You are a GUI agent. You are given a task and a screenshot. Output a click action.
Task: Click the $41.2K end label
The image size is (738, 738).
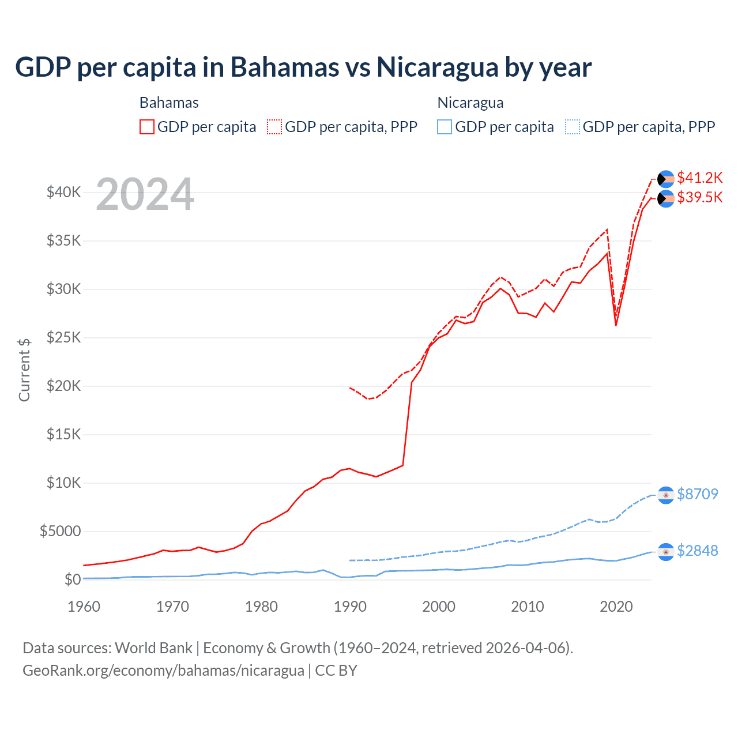[x=699, y=178]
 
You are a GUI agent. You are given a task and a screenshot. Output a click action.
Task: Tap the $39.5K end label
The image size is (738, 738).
[x=699, y=198]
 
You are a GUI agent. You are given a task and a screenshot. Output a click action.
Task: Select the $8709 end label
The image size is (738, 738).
[x=697, y=494]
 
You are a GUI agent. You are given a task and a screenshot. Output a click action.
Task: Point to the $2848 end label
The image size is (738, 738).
[x=697, y=551]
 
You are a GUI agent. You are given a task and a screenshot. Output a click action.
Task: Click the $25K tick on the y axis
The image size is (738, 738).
[x=63, y=337]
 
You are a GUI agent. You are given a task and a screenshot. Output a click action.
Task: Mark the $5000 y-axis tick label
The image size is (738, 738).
[x=60, y=531]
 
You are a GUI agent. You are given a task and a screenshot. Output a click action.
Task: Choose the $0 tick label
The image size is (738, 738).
[x=72, y=579]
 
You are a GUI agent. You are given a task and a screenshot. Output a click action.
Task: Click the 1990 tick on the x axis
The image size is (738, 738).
[x=350, y=607]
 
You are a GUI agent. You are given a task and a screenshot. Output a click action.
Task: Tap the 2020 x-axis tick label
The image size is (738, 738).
[x=616, y=607]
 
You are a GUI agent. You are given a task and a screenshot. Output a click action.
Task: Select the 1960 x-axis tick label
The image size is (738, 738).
[x=84, y=607]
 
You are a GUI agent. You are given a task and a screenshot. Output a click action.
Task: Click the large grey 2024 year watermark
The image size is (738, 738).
[x=145, y=195]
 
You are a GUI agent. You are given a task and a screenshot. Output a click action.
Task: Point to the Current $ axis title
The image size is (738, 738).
[x=24, y=370]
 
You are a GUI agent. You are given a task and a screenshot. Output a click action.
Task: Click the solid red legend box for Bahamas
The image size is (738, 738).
[x=147, y=127]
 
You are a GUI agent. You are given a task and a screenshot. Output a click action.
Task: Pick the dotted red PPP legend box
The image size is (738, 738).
[x=274, y=127]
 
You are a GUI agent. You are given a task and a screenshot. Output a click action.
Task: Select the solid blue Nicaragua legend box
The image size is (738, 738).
[x=445, y=127]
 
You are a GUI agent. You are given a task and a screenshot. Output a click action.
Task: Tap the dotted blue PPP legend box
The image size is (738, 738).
[x=573, y=127]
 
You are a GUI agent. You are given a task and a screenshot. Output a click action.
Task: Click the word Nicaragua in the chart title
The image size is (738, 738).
[x=437, y=67]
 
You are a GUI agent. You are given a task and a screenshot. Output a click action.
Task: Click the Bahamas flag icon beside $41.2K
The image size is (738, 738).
[x=666, y=179]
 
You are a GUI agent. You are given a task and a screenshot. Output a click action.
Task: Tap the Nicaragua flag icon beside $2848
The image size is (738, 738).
[x=666, y=552]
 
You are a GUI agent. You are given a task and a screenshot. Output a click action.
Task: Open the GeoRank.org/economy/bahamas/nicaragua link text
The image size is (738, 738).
[x=163, y=671]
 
